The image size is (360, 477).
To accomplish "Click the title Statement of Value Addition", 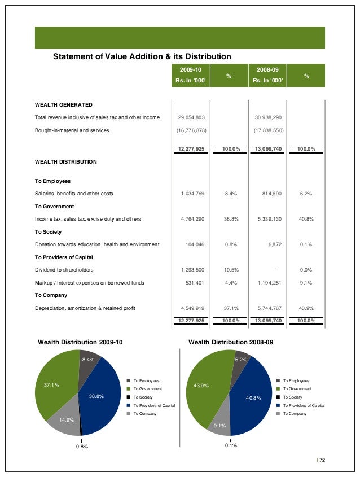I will pos(142,56).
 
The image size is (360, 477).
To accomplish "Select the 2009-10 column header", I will pos(191,69).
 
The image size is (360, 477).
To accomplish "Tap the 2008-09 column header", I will pos(267,69).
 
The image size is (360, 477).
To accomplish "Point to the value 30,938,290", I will pos(268,117).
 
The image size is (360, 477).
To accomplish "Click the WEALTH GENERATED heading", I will pos(64,105).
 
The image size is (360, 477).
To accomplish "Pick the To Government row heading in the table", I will pos(54,207).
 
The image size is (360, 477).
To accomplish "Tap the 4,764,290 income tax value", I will pos(192,218).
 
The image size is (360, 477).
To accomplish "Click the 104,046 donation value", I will pos(195,244).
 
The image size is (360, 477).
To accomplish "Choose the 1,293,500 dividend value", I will pos(192,269).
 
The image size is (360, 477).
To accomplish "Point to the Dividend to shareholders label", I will pos(64,269).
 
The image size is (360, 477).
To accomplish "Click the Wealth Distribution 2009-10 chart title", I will pos(80,342).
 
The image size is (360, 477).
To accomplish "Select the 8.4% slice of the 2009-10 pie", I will pos(89,361).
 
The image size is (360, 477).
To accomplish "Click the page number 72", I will pos(322,460).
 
